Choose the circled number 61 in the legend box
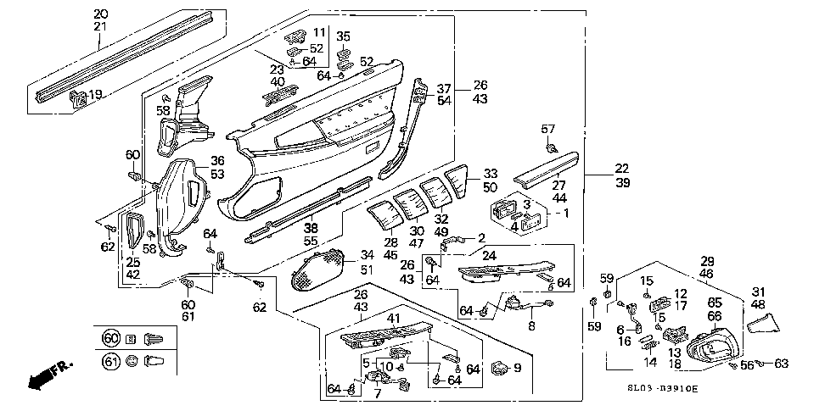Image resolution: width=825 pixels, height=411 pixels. (x=111, y=361)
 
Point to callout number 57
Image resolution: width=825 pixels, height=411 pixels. (x=547, y=129)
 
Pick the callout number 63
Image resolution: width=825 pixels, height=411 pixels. (x=780, y=364)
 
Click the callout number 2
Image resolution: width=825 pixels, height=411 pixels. (x=480, y=238)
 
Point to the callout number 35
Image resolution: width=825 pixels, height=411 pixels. (x=343, y=36)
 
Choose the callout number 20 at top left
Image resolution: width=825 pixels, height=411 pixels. (x=101, y=14)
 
